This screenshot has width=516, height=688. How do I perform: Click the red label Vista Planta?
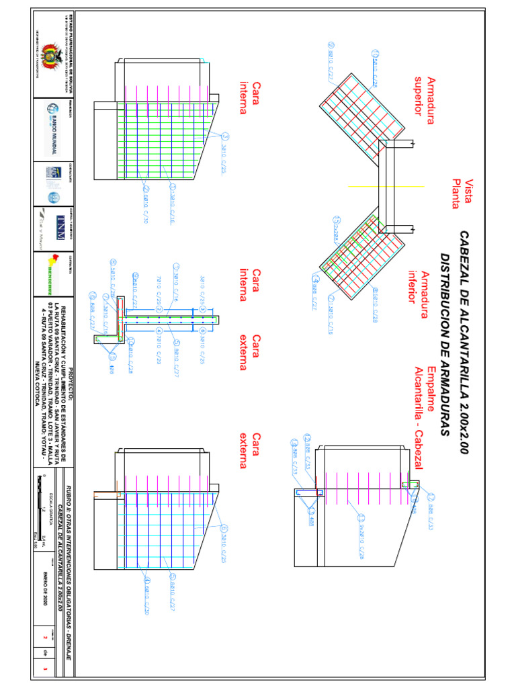click(x=463, y=194)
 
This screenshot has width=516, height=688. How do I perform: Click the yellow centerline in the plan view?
click(x=386, y=186)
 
